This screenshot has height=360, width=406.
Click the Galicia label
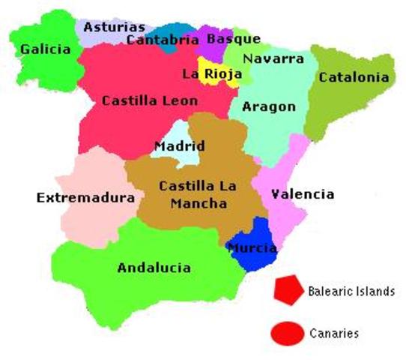(x=46, y=49)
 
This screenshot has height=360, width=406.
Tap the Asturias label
(x=115, y=27)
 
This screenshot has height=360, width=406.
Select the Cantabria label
(x=163, y=40)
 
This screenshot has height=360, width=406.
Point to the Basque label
(x=233, y=38)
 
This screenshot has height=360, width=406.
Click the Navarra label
(x=273, y=58)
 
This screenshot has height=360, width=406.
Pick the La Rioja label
(x=212, y=73)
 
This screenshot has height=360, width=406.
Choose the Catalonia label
(x=354, y=76)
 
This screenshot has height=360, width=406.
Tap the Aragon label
(x=269, y=106)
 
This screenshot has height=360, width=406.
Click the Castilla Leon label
(x=150, y=100)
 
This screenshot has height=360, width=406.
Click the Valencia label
(x=303, y=194)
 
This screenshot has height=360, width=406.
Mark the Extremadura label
(x=85, y=198)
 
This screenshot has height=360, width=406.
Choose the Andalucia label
(x=154, y=268)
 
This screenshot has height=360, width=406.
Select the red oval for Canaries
(x=288, y=333)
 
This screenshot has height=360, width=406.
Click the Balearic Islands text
(x=351, y=292)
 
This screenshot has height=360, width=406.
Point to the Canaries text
(x=334, y=333)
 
